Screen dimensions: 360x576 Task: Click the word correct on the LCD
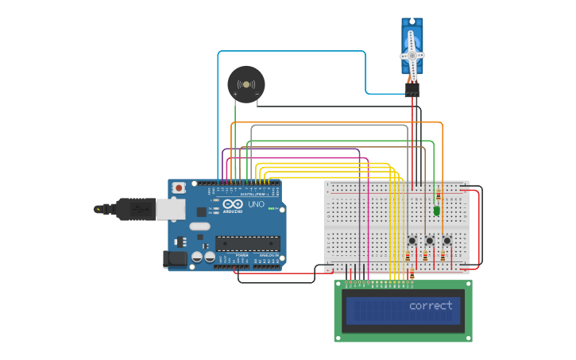coord(431,306)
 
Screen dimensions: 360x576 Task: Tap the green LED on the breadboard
coord(437,211)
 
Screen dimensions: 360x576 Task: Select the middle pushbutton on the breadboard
coord(429,241)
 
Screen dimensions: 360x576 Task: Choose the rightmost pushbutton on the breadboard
coord(446,241)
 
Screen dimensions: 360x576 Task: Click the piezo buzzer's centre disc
coord(245,83)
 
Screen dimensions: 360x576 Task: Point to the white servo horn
coord(412,55)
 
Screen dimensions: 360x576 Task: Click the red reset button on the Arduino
coord(180,188)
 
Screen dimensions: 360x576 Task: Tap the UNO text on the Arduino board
coord(256,204)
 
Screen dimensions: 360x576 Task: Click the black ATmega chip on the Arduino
coord(248,243)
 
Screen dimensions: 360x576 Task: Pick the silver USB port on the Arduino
coord(168,208)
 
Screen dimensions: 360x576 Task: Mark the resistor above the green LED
coord(437,195)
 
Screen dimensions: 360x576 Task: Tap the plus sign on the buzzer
coord(235,95)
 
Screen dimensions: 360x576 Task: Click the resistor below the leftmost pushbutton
coord(408,257)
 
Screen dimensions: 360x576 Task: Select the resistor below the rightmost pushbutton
coord(443,257)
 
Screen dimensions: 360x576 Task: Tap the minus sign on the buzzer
coord(257,95)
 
